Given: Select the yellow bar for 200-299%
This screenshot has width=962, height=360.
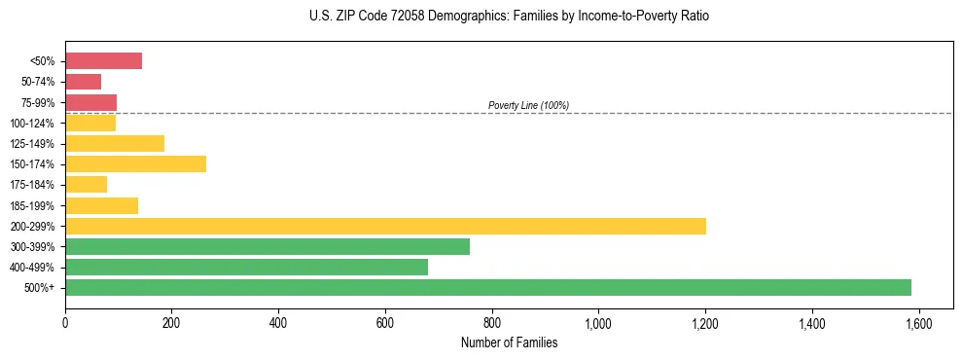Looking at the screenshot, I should pos(385,226).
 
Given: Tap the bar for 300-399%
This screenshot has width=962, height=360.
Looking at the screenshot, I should pos(267,246).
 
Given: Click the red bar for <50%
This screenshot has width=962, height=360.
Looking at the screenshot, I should pos(103,60).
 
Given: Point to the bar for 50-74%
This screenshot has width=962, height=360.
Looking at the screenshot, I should pos(83,81).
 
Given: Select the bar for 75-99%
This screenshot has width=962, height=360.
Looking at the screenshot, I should pos(90,102).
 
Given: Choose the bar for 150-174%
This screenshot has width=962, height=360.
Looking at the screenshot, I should pos(135,163).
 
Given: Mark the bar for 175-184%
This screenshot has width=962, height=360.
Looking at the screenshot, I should pos(86,184).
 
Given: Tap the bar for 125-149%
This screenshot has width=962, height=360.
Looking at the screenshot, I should pos(115,143).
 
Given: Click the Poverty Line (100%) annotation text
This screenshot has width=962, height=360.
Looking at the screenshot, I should pos(528,105).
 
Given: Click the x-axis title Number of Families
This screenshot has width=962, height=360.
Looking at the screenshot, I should pos(509,342).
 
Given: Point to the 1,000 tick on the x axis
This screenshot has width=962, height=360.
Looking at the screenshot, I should pos(598,322).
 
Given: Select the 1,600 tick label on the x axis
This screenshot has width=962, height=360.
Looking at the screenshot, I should pos(918,322).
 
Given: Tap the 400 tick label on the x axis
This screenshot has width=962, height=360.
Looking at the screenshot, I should pos(278,322).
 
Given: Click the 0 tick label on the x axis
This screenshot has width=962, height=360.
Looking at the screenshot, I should pos(65,322).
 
